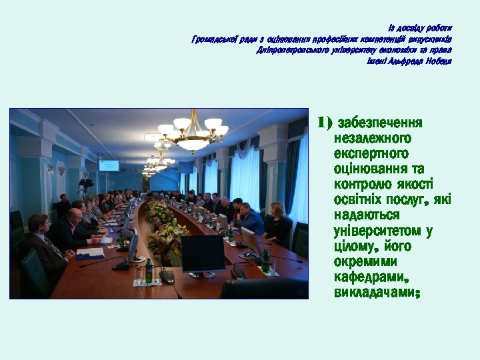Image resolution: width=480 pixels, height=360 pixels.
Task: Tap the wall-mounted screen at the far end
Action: (x=109, y=165)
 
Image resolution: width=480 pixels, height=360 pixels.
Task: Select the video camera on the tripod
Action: (x=86, y=183)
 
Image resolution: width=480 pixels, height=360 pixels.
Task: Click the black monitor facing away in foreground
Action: (x=203, y=254)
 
